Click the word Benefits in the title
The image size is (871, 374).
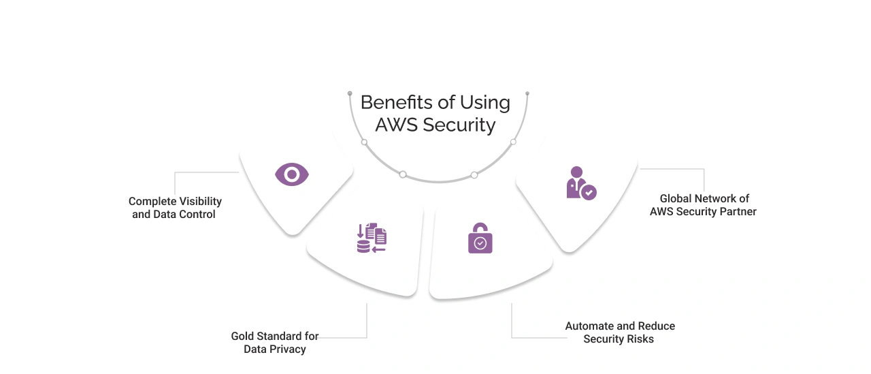397,102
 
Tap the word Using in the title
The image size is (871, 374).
484,103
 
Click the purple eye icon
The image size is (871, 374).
292,175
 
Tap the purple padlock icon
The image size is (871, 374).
480,238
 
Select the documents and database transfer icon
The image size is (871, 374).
372,238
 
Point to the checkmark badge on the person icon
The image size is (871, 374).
589,192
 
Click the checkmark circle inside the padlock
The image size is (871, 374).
480,243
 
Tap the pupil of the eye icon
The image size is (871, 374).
292,175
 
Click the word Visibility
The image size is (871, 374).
200,202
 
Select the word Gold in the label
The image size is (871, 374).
243,337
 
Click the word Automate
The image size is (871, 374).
589,326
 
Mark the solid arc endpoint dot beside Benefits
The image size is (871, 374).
350,93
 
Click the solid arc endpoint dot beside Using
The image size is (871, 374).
527,93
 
